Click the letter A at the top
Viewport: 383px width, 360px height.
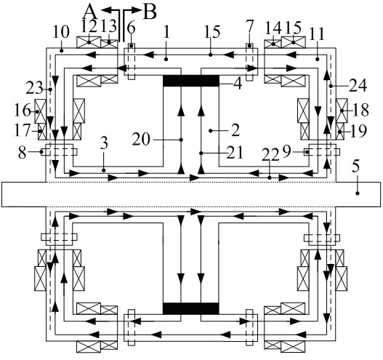click(x=91, y=12)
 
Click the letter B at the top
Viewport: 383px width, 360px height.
click(x=150, y=12)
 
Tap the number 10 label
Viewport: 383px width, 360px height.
click(x=61, y=32)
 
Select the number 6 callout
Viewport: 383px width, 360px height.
click(x=131, y=28)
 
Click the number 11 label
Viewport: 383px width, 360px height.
click(x=317, y=34)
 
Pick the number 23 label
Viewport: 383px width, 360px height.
click(x=34, y=88)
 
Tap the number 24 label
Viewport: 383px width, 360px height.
click(x=358, y=86)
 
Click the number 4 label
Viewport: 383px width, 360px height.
click(x=238, y=84)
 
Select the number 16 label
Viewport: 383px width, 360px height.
click(x=23, y=110)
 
